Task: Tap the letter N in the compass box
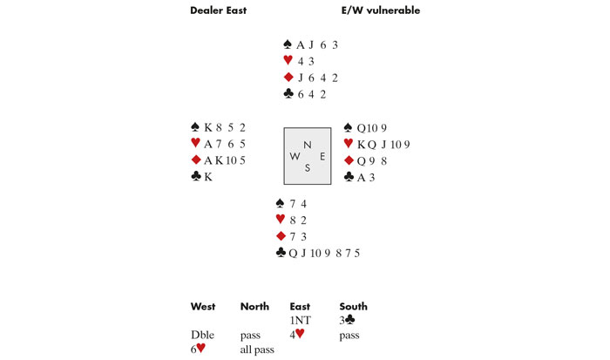tap(307, 145)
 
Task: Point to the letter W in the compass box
tap(293, 157)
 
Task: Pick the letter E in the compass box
tap(322, 157)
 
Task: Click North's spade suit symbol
tap(288, 44)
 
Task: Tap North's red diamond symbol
tap(288, 78)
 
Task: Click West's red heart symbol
tap(195, 144)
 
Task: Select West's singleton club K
tap(208, 177)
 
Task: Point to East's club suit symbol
tap(349, 177)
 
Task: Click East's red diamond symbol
tap(349, 160)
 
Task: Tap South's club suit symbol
tap(281, 253)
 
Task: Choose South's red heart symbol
tap(281, 220)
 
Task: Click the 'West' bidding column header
tap(203, 306)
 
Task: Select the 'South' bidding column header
tap(353, 306)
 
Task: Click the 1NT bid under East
tap(300, 320)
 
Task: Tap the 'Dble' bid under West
tap(202, 334)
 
